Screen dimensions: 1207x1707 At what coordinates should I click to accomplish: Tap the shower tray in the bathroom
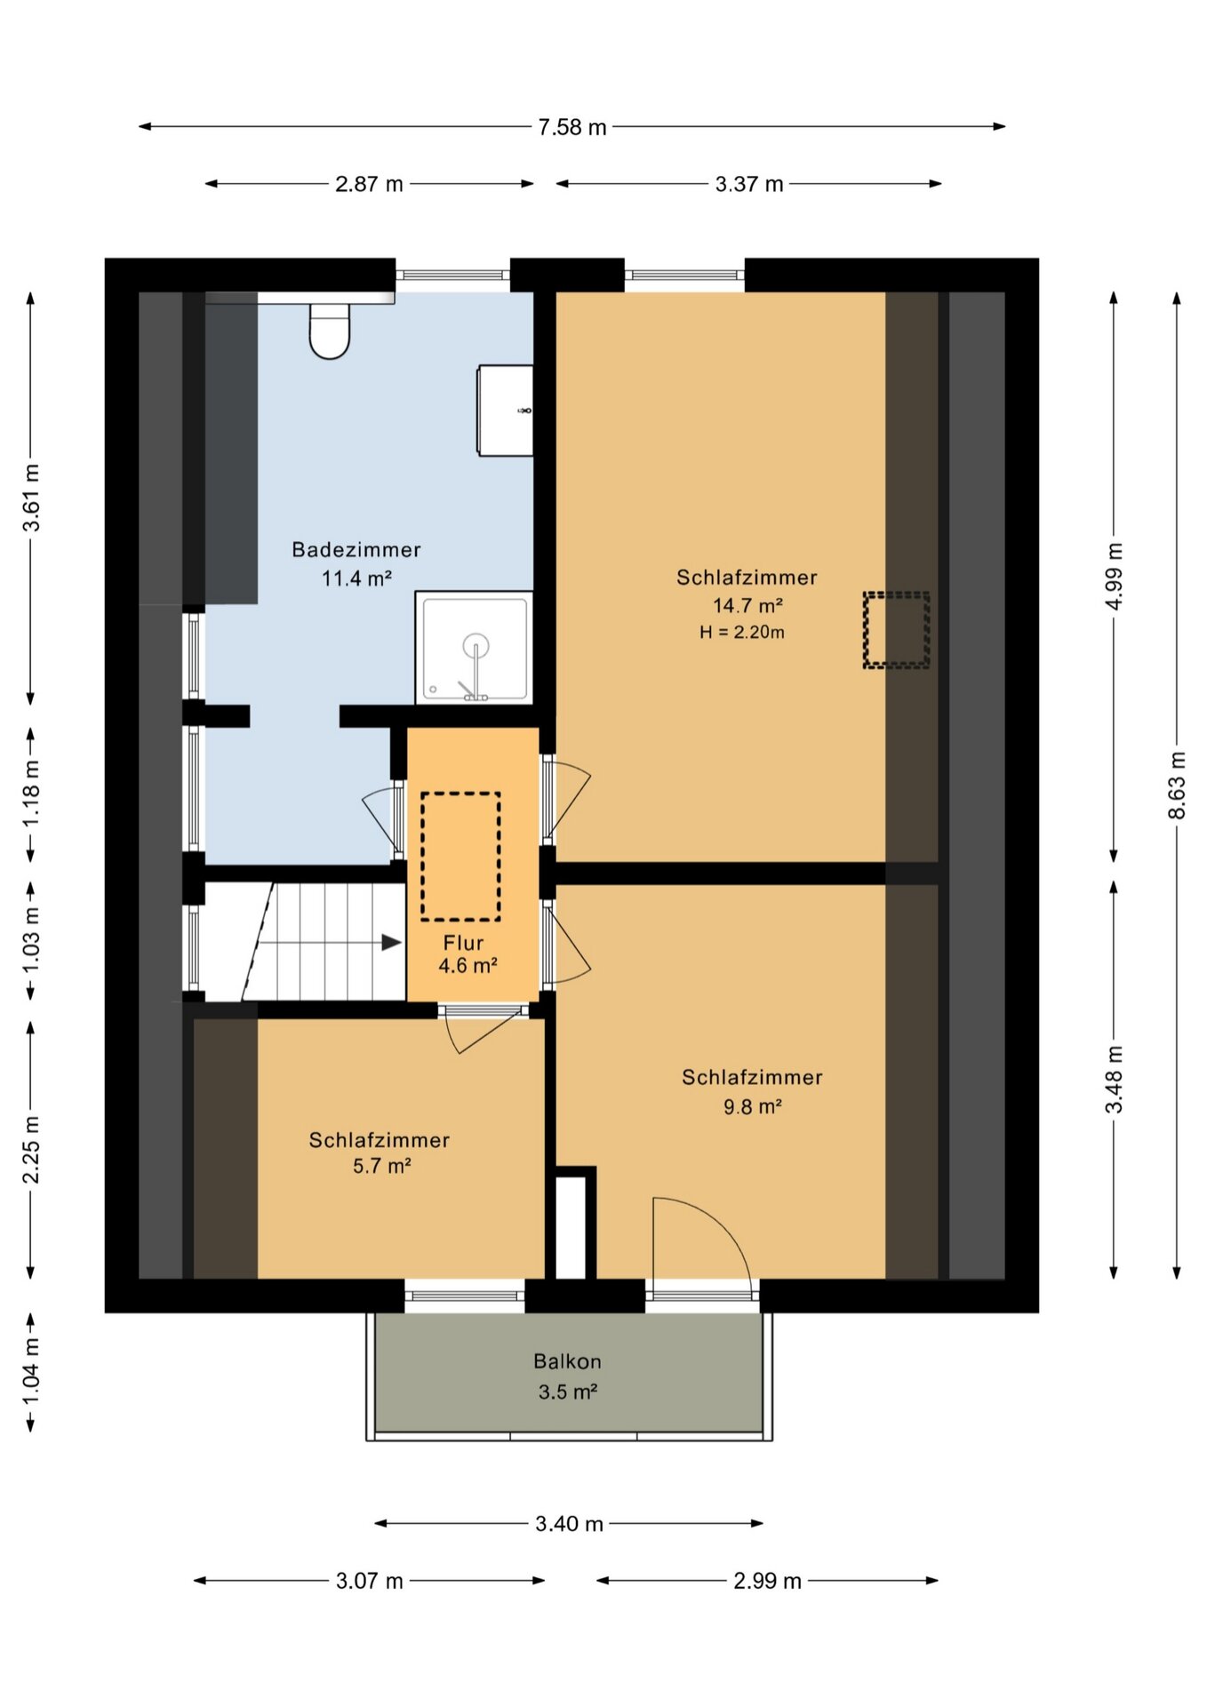[475, 649]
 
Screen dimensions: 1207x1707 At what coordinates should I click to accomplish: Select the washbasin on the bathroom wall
[506, 411]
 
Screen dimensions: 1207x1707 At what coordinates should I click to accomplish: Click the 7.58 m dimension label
[572, 127]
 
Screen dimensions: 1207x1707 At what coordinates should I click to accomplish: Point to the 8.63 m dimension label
[1176, 786]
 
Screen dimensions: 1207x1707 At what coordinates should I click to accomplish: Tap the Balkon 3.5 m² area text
[568, 1376]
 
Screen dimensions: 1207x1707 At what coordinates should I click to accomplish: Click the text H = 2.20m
[742, 633]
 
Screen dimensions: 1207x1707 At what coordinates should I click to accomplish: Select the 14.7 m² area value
[747, 606]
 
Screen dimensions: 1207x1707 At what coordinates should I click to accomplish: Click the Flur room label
[464, 943]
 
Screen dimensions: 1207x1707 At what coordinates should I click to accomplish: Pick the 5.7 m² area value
[382, 1166]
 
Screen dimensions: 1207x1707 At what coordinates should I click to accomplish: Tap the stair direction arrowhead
[392, 943]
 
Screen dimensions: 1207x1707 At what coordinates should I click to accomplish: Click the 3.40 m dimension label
[569, 1524]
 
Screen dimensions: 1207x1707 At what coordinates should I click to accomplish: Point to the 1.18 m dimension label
[31, 794]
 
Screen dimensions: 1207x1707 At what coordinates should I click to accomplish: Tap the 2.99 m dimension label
[767, 1581]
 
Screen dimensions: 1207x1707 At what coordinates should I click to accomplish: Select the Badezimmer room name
[356, 550]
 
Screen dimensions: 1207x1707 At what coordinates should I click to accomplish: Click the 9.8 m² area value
[753, 1106]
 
